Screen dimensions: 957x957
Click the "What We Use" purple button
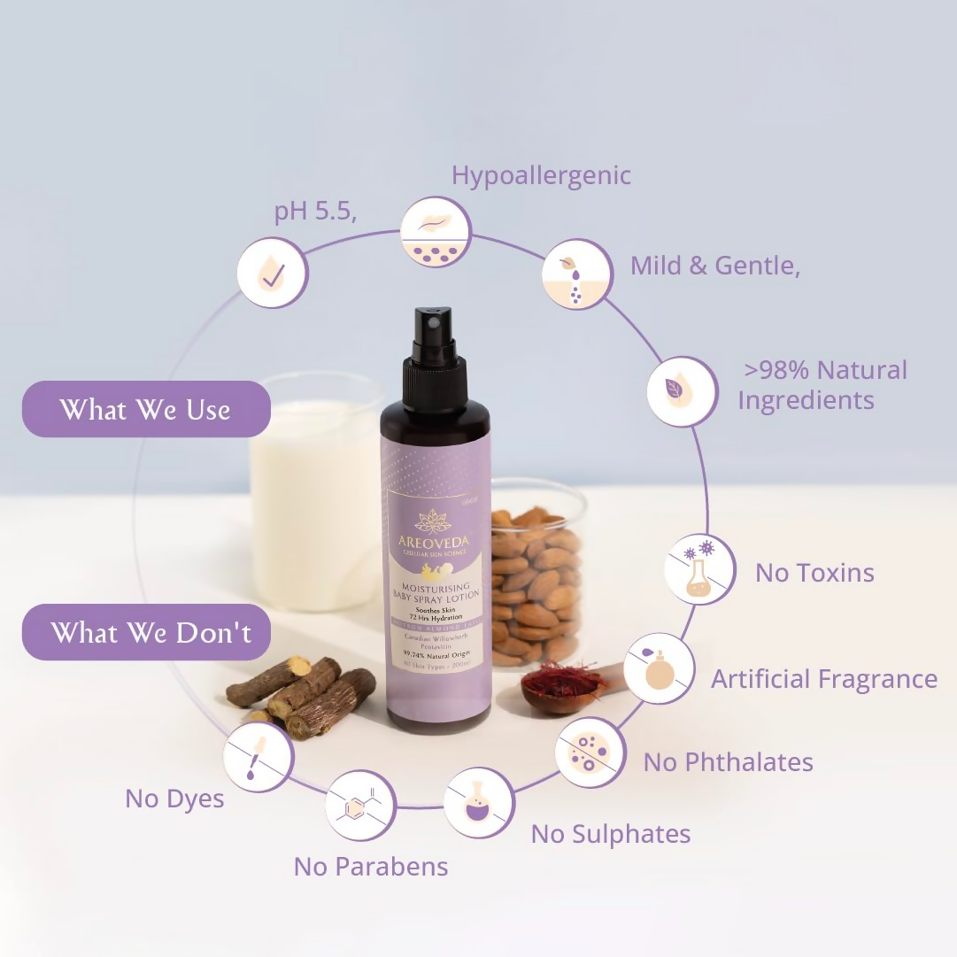[146, 409]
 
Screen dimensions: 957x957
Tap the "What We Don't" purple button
[146, 632]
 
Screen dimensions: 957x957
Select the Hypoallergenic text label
[541, 175]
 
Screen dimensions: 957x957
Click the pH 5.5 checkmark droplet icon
[273, 273]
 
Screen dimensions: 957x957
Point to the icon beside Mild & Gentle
[576, 274]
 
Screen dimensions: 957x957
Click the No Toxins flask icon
[699, 569]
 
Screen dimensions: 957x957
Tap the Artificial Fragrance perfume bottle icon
[659, 668]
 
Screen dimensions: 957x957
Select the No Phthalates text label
[728, 762]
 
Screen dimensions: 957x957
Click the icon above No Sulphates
[479, 802]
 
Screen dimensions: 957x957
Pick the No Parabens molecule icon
[360, 806]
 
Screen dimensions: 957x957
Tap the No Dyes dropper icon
[258, 757]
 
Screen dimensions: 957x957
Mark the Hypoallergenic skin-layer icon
[436, 232]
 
